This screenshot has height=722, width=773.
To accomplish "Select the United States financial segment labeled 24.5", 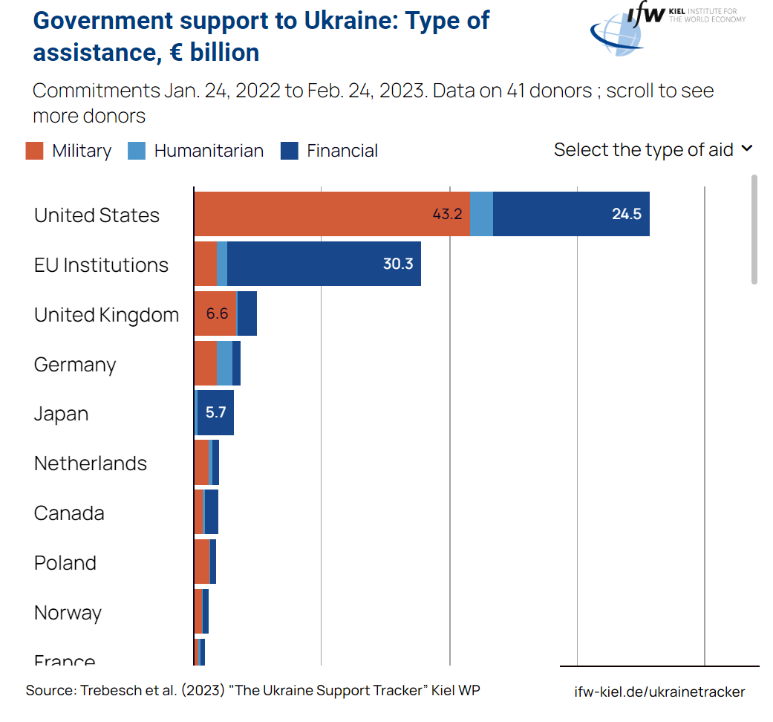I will (x=571, y=214).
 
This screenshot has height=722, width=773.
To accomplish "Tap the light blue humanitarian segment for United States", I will (x=481, y=214).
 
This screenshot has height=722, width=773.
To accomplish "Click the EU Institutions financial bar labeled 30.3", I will (x=324, y=264).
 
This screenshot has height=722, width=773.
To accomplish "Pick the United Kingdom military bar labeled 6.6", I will (x=215, y=313).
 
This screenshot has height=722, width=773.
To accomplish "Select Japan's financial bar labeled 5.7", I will (x=216, y=412).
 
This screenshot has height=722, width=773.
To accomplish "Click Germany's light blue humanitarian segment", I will (x=224, y=363).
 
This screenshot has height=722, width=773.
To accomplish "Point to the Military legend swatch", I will (x=35, y=151).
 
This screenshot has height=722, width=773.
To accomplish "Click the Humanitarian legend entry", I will (x=208, y=151).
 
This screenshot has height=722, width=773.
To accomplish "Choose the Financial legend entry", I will (x=342, y=151).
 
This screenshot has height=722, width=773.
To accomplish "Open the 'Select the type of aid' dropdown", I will (x=653, y=149).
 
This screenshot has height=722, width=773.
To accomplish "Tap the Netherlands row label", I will (x=91, y=464).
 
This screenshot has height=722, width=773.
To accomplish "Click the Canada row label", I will (x=69, y=513).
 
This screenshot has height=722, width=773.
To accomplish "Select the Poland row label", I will (x=65, y=563).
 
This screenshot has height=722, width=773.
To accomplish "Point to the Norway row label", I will (x=68, y=613).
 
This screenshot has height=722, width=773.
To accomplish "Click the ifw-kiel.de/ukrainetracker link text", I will (x=659, y=692).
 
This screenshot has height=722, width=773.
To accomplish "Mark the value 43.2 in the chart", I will (x=448, y=214).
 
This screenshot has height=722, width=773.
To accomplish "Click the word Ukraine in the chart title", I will (x=342, y=21).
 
